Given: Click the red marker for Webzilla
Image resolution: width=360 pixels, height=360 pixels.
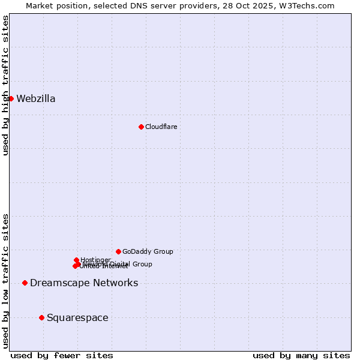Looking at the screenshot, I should point(11,98).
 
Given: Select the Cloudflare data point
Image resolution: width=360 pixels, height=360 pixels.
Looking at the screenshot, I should point(141,127).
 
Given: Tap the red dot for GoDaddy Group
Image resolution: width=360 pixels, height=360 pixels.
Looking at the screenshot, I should point(118,251).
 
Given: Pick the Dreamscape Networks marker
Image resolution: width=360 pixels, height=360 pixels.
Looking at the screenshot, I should point(25,283).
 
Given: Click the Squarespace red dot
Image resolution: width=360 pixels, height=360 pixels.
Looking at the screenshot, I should point(41,317).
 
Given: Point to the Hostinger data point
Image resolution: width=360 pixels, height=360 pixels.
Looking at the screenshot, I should point(76,260).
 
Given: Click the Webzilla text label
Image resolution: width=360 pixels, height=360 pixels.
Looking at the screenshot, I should point(36,99).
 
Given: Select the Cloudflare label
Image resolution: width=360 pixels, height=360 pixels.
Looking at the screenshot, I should point(161,127).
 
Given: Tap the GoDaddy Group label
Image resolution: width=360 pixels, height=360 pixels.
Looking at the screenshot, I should point(148,252).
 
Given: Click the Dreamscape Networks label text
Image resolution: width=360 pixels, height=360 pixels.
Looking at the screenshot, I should point(84,283).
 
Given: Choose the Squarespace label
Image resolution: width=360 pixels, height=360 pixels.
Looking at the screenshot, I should point(77,318).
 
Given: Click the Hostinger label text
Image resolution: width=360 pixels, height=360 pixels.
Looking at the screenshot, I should point(95,260).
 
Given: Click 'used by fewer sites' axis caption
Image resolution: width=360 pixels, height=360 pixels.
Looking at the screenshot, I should point(62,355).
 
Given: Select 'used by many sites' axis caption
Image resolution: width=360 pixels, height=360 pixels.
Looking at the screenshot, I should point(301,355).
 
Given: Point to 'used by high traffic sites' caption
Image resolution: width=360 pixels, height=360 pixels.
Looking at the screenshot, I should point(5,85).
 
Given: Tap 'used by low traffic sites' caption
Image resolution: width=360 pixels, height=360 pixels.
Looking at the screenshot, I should point(5,280).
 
